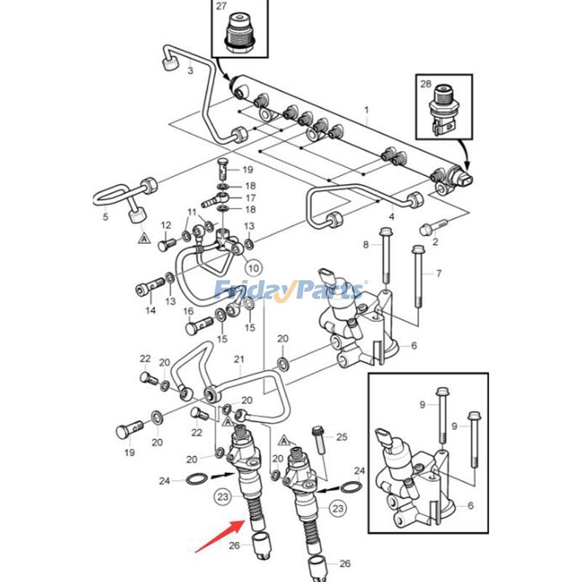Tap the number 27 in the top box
pyautogui.click(x=221, y=7)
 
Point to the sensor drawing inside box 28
pyautogui.click(x=443, y=110)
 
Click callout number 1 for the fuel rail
pyautogui.click(x=367, y=111)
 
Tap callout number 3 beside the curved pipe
pyautogui.click(x=190, y=71)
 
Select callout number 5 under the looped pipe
pyautogui.click(x=105, y=217)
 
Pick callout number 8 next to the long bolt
pyautogui.click(x=367, y=244)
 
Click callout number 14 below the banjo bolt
pyautogui.click(x=150, y=311)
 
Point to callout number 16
pyautogui.click(x=188, y=311)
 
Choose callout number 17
pyautogui.click(x=250, y=197)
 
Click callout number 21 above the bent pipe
pyautogui.click(x=239, y=359)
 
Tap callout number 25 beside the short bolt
pyautogui.click(x=341, y=436)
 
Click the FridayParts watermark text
pyautogui.click(x=290, y=291)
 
